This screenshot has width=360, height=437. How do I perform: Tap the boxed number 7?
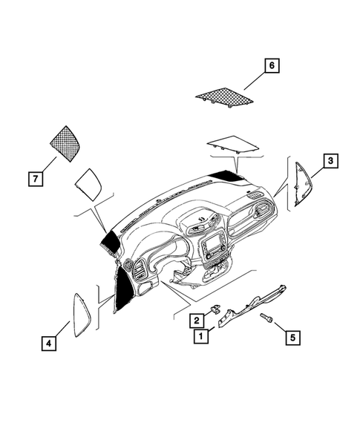[34, 179]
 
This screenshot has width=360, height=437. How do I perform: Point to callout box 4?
[48, 343]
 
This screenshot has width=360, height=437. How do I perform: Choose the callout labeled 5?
[292, 337]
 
